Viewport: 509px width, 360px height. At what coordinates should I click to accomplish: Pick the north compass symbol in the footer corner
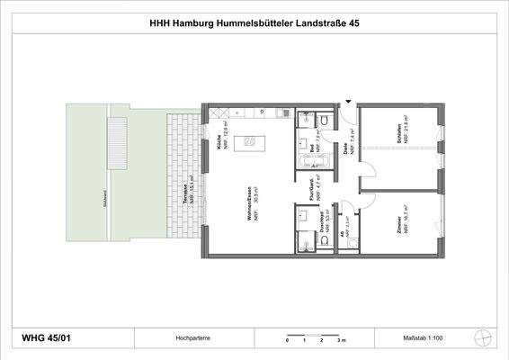[486, 337]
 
